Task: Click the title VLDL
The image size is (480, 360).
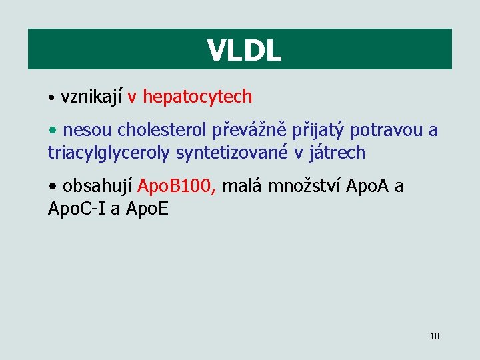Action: click(244, 50)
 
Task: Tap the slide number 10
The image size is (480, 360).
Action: click(435, 336)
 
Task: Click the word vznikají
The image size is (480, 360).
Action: click(91, 97)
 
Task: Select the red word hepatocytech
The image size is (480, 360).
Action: click(197, 97)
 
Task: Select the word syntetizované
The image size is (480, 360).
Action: click(232, 153)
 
